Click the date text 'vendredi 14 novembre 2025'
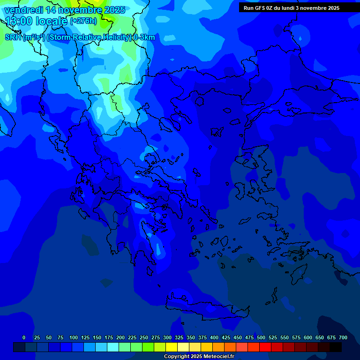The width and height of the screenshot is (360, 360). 65,10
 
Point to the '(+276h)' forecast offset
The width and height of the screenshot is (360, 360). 83,21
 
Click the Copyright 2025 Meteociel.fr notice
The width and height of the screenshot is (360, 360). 199,356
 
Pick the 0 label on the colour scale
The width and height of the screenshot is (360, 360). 24,337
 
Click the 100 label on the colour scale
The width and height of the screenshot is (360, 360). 74,337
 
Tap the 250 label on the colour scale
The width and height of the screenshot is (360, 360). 144,337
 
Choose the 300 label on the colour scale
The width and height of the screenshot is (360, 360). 167,337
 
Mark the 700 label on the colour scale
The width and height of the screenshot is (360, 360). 343,337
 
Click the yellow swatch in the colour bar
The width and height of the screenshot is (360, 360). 171,347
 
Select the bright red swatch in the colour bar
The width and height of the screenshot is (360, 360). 265,347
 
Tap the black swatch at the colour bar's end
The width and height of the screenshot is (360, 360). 336,347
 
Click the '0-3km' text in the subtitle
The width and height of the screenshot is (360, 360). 144,37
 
